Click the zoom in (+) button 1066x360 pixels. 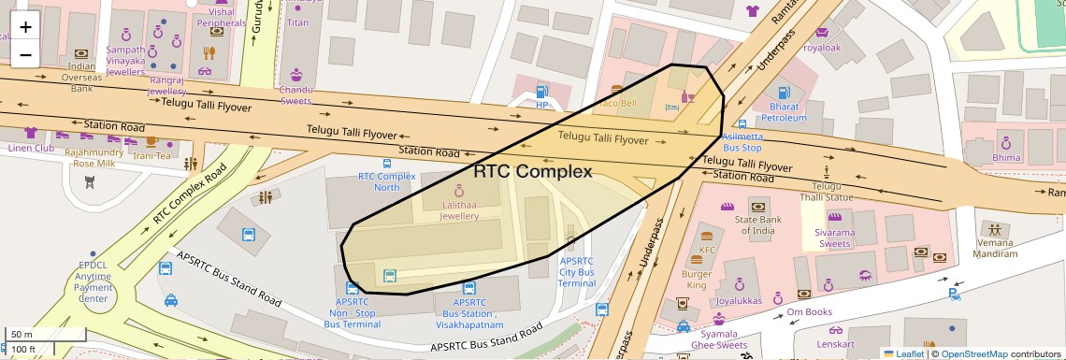pyautogui.click(x=25, y=27)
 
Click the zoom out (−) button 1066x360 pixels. pyautogui.click(x=25, y=54)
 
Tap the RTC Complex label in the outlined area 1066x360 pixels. pyautogui.click(x=532, y=172)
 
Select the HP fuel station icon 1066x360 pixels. pyautogui.click(x=541, y=92)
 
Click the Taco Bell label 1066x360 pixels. pyautogui.click(x=622, y=103)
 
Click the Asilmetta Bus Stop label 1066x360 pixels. pyautogui.click(x=742, y=142)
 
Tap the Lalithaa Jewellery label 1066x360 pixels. pyautogui.click(x=459, y=210)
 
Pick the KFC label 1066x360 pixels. pyautogui.click(x=708, y=251)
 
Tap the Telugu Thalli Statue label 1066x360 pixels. pyautogui.click(x=827, y=191)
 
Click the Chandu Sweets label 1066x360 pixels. pyautogui.click(x=296, y=95)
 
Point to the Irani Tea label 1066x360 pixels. pyautogui.click(x=151, y=156)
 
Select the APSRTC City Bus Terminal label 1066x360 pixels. pyautogui.click(x=576, y=271)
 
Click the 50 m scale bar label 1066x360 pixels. pyautogui.click(x=21, y=334)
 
